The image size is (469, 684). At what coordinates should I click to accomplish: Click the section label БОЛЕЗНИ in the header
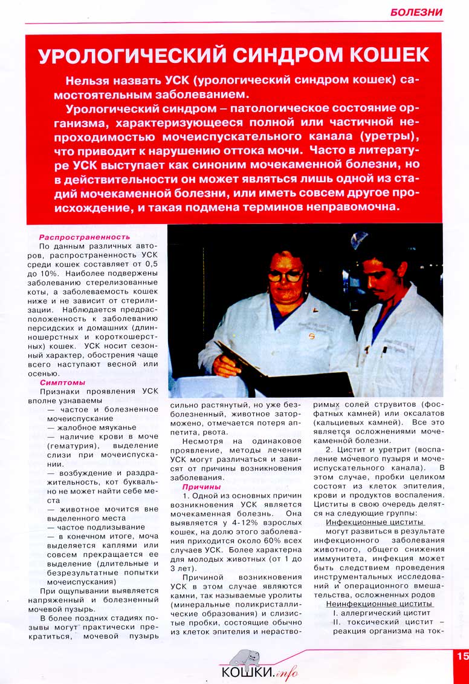point(416,12)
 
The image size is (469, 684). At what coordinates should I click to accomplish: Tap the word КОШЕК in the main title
point(386,56)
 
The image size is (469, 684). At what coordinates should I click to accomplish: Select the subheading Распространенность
point(85,237)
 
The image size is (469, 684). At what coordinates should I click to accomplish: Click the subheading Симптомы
point(62,383)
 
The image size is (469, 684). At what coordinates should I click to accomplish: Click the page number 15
point(462,656)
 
